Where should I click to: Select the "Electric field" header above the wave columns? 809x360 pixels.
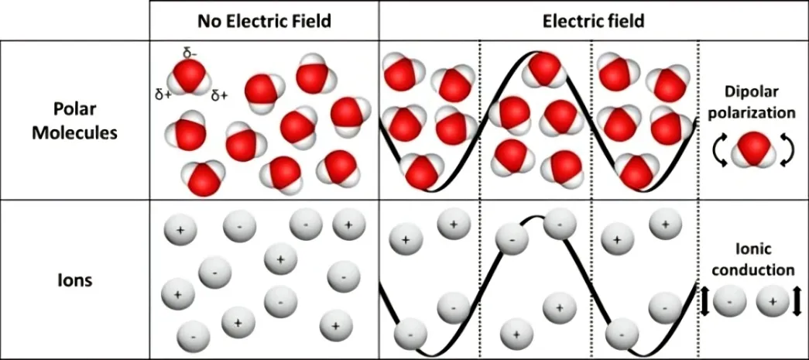[593, 21]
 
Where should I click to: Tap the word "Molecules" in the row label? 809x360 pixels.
[75, 133]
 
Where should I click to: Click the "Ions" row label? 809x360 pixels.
[75, 282]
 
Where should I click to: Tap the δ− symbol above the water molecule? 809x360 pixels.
[190, 53]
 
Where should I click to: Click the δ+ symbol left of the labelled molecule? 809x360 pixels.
[163, 95]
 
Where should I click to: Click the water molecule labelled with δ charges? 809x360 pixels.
[190, 78]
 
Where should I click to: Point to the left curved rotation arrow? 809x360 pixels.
[718, 150]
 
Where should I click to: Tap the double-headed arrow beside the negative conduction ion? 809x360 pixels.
[704, 300]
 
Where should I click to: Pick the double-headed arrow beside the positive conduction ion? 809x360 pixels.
[797, 300]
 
